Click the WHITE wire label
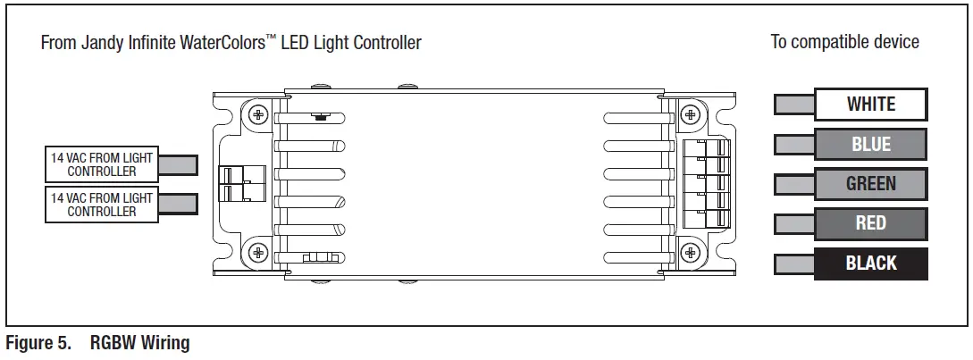[x=870, y=105]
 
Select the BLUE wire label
[x=870, y=145]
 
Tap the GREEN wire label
[x=870, y=184]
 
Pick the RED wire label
[x=870, y=223]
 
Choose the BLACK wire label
[x=870, y=264]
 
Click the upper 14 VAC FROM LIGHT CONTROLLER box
[x=102, y=163]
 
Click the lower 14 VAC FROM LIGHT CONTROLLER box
[x=102, y=204]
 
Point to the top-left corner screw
[x=259, y=114]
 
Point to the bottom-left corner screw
[x=259, y=251]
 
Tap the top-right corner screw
[x=689, y=114]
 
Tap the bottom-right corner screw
[x=689, y=251]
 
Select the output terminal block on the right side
[x=706, y=184]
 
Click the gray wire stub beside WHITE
[x=793, y=105]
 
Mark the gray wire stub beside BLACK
[x=793, y=264]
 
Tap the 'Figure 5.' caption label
[x=38, y=343]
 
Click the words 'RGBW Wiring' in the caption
[x=139, y=343]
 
